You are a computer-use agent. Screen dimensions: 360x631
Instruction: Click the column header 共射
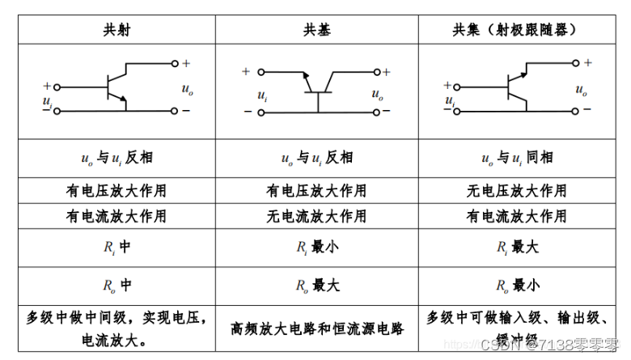tap(116, 30)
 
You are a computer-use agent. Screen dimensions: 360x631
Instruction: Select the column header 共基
tap(317, 30)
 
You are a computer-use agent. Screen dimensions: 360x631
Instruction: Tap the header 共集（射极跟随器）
tap(515, 30)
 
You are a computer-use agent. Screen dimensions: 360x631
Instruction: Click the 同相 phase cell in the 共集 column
tap(518, 158)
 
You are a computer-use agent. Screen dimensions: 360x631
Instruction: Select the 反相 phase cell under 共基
tap(316, 158)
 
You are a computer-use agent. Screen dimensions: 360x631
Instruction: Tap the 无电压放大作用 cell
tap(518, 191)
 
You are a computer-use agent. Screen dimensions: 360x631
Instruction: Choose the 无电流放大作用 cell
tap(316, 216)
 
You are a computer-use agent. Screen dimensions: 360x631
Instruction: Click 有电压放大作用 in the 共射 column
tap(116, 191)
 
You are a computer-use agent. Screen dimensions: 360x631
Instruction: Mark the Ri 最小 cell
tap(316, 247)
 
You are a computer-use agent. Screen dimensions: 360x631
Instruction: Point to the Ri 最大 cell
tap(518, 247)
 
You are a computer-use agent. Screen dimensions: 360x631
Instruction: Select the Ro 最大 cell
tap(316, 285)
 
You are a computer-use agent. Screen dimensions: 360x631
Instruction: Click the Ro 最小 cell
tap(518, 285)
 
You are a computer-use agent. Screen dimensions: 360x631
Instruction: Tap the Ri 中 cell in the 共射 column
tap(116, 247)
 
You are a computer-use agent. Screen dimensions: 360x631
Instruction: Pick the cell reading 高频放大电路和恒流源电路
tap(316, 328)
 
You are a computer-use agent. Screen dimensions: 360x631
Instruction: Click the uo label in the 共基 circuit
tap(378, 95)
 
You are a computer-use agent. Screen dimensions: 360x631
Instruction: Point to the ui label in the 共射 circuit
tap(46, 100)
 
